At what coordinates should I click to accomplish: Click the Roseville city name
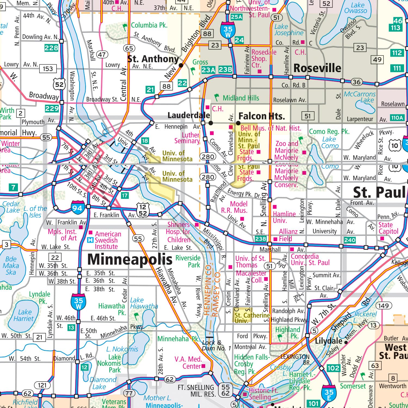[x=317, y=68]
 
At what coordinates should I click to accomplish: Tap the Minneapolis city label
[x=130, y=259]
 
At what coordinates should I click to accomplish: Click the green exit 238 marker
[x=260, y=239]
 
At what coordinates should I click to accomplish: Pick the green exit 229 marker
[x=52, y=109]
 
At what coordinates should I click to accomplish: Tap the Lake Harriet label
[x=24, y=316]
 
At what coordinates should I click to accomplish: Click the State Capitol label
[x=388, y=228]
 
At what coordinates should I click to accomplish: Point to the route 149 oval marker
[x=384, y=305]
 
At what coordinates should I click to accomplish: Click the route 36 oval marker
[x=356, y=82]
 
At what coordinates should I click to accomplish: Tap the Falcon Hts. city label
[x=262, y=116]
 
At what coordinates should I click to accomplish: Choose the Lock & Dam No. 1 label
[x=216, y=345]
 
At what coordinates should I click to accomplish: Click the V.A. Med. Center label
[x=188, y=363]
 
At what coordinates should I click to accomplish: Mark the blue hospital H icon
[x=90, y=240]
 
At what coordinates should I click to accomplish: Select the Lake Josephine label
[x=289, y=30]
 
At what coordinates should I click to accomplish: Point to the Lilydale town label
[x=328, y=341]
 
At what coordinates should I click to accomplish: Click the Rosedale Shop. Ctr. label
[x=264, y=58]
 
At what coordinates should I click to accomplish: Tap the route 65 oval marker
[x=129, y=48]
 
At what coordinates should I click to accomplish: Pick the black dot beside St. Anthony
[x=181, y=65]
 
